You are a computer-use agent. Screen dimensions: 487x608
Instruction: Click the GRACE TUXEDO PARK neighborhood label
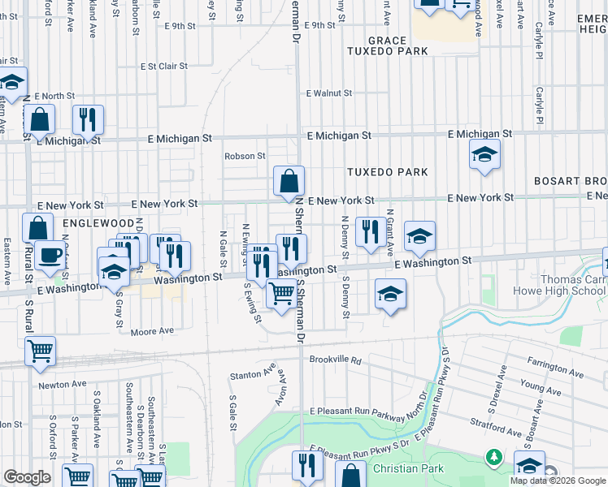pyautogui.click(x=375, y=46)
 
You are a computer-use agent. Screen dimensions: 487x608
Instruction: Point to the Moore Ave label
pyautogui.click(x=153, y=331)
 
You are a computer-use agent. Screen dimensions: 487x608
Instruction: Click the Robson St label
pyautogui.click(x=245, y=156)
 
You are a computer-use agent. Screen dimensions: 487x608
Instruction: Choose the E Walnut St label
pyautogui.click(x=328, y=93)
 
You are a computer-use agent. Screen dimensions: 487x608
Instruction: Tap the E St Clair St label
pyautogui.click(x=163, y=67)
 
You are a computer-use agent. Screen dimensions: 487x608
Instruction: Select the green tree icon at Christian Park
pyautogui.click(x=493, y=459)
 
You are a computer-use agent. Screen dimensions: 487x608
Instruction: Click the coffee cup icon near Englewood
pyautogui.click(x=49, y=255)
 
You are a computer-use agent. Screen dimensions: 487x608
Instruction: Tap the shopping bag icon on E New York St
pyautogui.click(x=289, y=183)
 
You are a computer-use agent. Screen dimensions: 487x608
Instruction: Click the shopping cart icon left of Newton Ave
pyautogui.click(x=40, y=351)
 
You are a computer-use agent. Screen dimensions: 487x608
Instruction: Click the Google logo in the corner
pyautogui.click(x=26, y=477)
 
